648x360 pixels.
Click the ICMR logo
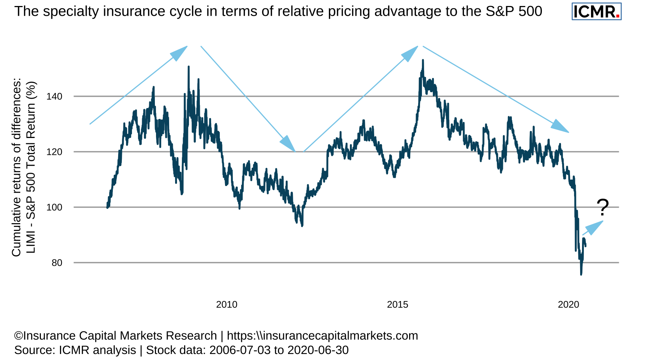(x=596, y=11)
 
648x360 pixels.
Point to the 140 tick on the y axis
(x=54, y=96)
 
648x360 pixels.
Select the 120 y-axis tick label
(x=54, y=152)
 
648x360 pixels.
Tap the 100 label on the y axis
(x=54, y=207)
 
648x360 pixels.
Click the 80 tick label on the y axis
(x=57, y=263)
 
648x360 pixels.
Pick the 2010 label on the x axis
(x=226, y=304)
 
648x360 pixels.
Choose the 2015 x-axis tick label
(x=397, y=304)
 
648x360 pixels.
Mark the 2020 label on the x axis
(x=568, y=304)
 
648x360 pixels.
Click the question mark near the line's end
(x=603, y=207)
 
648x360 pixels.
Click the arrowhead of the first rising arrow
(x=180, y=52)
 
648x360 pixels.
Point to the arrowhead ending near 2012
(x=288, y=144)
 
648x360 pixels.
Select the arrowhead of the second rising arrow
(x=410, y=53)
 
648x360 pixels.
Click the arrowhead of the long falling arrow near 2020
(x=560, y=126)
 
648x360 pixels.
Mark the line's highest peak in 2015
(x=423, y=60)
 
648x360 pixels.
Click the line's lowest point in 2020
(x=581, y=274)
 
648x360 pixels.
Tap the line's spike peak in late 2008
(x=189, y=67)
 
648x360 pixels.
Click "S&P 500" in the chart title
(x=514, y=12)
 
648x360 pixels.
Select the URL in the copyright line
(x=322, y=336)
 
